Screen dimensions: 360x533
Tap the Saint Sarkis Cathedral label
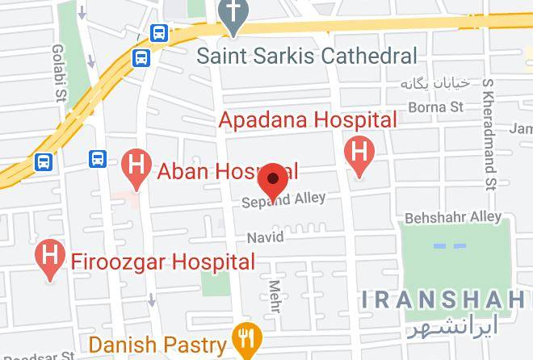click(308, 56)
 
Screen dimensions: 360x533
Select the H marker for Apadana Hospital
click(359, 153)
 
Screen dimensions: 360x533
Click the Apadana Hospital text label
click(308, 120)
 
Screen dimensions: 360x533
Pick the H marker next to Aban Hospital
click(136, 167)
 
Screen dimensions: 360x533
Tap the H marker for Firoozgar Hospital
click(51, 259)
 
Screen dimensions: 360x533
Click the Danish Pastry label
click(157, 345)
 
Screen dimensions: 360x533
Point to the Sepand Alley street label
click(284, 199)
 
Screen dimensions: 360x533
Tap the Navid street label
click(266, 237)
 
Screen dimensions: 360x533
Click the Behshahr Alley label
click(452, 217)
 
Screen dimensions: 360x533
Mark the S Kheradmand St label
click(489, 137)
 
